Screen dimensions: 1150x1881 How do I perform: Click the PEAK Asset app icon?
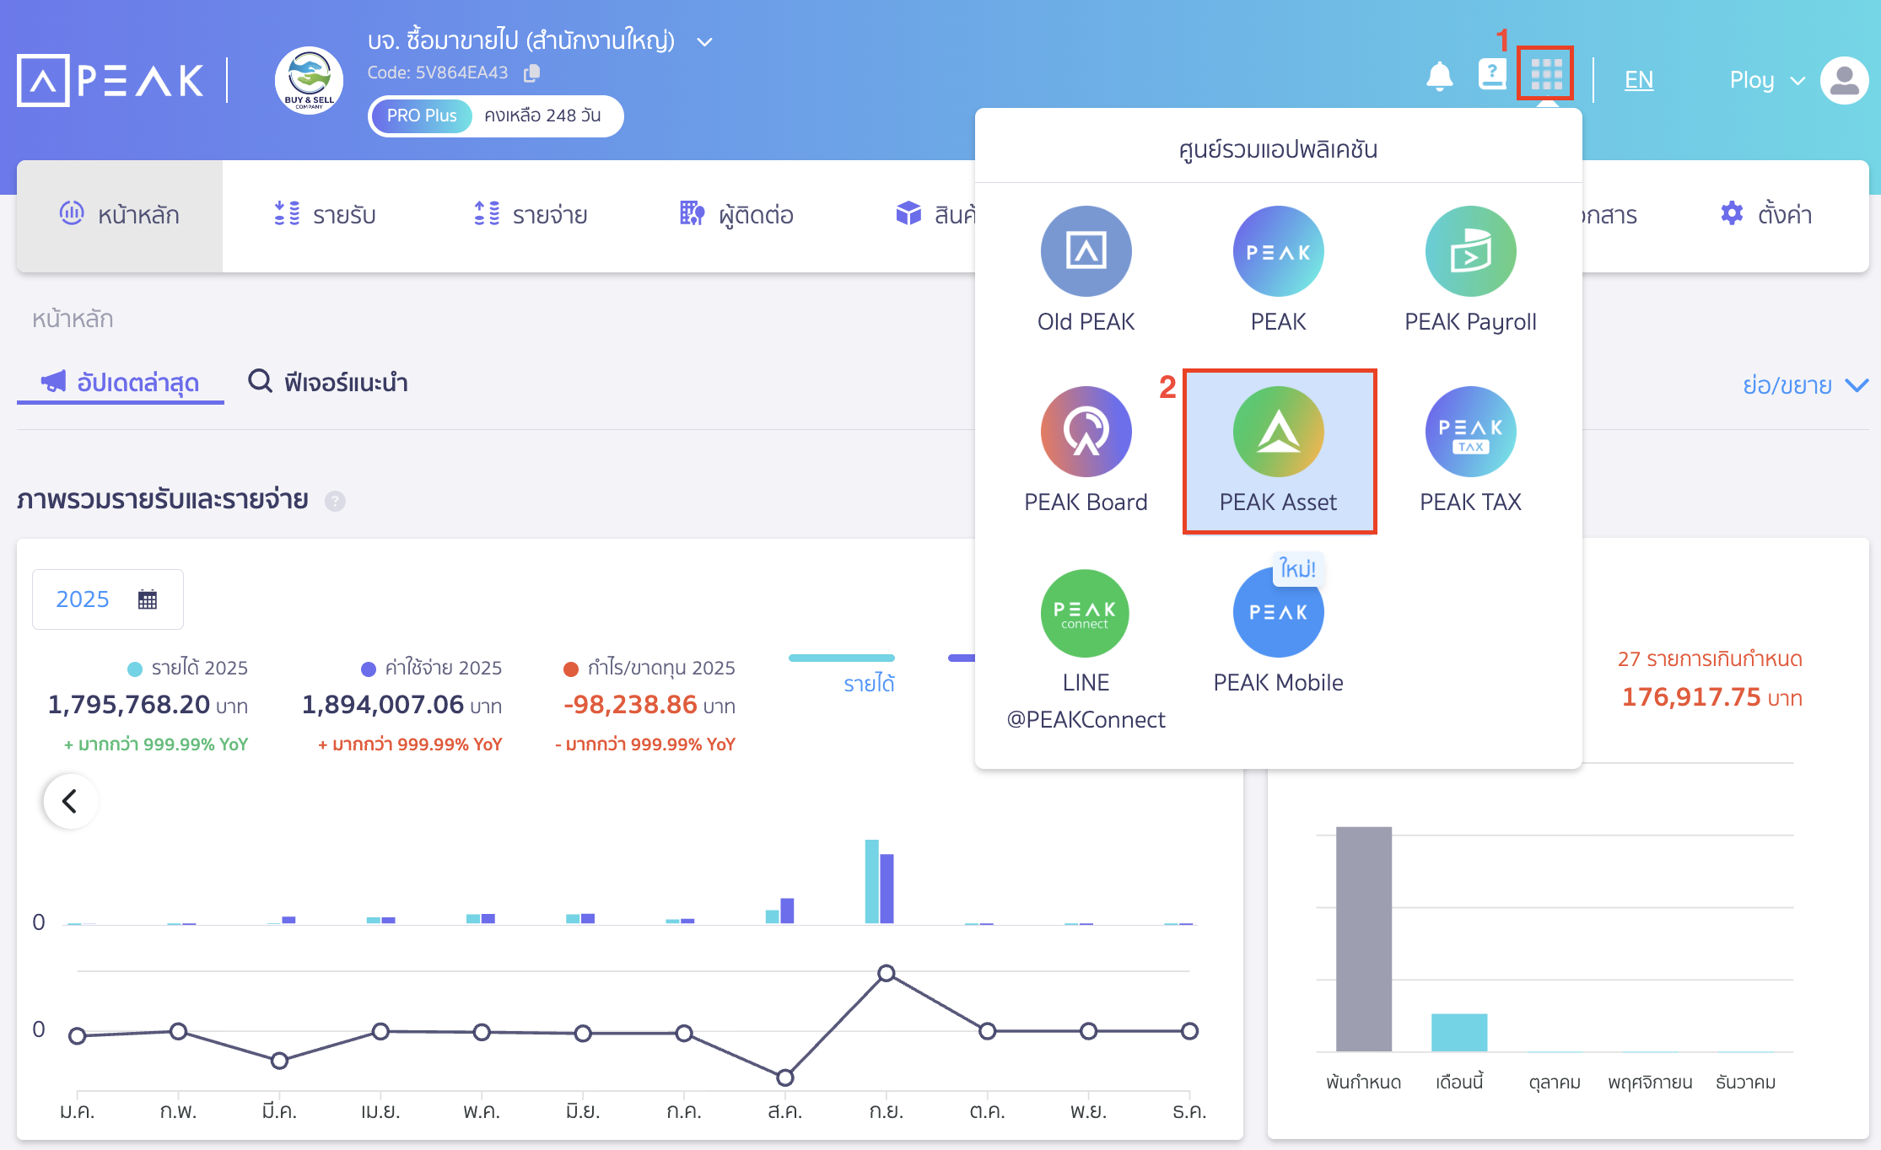click(x=1278, y=432)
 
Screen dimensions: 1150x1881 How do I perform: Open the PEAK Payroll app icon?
click(x=1470, y=251)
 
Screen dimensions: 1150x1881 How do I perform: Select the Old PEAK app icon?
click(x=1086, y=251)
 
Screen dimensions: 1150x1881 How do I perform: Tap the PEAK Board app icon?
click(x=1086, y=432)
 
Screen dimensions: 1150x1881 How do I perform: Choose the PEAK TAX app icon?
click(x=1470, y=432)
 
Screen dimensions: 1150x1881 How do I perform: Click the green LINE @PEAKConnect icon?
click(x=1086, y=613)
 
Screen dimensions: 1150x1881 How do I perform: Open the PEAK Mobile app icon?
click(x=1278, y=613)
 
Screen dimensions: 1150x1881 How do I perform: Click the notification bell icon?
click(x=1439, y=78)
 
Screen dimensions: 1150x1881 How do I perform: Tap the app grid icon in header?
click(x=1545, y=74)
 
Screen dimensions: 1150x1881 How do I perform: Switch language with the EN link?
click(x=1638, y=80)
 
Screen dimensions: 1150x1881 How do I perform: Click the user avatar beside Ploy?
click(x=1844, y=81)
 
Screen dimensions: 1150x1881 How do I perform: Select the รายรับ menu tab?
click(x=326, y=215)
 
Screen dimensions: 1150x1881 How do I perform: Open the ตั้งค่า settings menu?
click(x=1766, y=215)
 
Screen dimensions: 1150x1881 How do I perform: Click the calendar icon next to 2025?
click(x=148, y=599)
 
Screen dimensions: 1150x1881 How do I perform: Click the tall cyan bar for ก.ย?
click(x=871, y=881)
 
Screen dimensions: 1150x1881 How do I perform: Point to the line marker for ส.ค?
click(x=784, y=1077)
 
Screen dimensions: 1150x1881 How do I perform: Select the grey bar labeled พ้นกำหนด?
click(x=1363, y=938)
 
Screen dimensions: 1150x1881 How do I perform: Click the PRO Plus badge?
click(x=422, y=116)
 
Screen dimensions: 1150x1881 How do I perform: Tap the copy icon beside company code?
click(x=531, y=73)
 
